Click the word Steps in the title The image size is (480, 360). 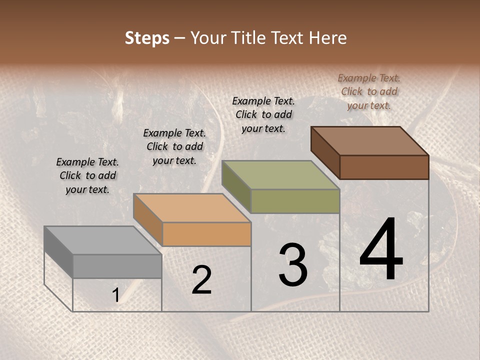point(147,38)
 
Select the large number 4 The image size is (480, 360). point(381,250)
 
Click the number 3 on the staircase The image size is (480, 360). point(293,265)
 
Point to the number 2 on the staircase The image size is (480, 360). point(201,280)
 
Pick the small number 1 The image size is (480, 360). point(115,295)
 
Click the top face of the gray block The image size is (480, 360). point(102,240)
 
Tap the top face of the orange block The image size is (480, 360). point(192,208)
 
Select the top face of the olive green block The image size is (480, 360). point(280,175)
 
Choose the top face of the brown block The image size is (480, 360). point(370,141)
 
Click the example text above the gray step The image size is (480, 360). point(87,175)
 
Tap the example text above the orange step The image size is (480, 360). point(174,146)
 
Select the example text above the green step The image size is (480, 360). point(263,114)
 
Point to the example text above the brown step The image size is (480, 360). point(369,91)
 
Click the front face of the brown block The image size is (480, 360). point(384,167)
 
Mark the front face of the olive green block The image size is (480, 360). point(295,201)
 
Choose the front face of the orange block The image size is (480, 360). point(206,234)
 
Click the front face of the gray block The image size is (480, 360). point(117,266)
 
